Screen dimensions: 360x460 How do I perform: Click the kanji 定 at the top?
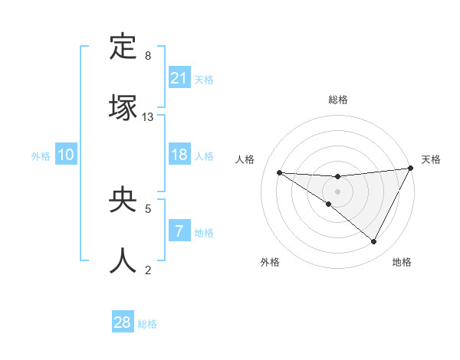(x=123, y=48)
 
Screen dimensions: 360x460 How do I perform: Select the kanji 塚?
(x=123, y=107)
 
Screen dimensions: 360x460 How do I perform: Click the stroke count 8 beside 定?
(x=148, y=56)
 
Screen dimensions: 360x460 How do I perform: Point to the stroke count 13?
(x=148, y=117)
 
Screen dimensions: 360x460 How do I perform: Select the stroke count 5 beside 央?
(x=148, y=208)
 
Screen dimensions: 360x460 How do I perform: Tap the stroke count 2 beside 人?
(x=148, y=269)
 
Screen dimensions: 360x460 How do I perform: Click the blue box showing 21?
(x=179, y=77)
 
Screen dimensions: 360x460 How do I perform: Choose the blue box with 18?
(x=179, y=155)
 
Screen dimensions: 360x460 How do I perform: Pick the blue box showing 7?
(x=179, y=231)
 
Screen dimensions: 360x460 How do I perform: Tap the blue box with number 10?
(x=66, y=155)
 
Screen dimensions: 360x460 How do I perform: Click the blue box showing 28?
(x=123, y=322)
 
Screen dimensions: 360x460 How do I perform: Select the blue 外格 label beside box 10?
(x=41, y=155)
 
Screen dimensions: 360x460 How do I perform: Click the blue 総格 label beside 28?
(x=147, y=324)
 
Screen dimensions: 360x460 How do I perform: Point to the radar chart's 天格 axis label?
(x=431, y=159)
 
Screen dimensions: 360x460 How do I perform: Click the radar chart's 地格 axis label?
(x=402, y=262)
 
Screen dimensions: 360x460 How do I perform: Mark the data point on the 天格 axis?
(x=411, y=169)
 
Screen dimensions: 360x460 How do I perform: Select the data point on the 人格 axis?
(x=279, y=172)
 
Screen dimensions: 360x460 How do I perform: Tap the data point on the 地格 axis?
(x=374, y=242)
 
